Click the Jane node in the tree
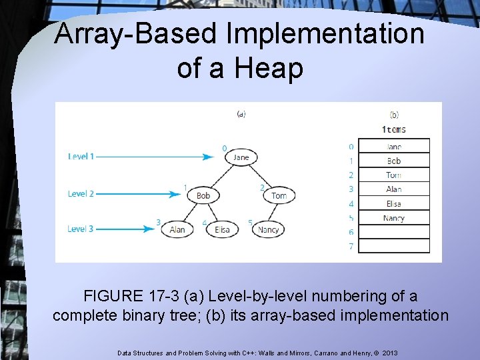[x=241, y=157]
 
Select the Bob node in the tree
[x=203, y=195]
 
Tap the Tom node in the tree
[x=279, y=195]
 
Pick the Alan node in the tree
[x=177, y=229]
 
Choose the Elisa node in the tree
[x=222, y=229]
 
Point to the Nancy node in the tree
[x=268, y=229]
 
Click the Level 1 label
[x=81, y=157]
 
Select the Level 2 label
[x=81, y=194]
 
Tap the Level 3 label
[x=81, y=229]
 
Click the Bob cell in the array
[x=393, y=161]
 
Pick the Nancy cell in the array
[x=393, y=218]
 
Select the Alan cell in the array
[x=393, y=189]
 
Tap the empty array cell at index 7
[x=393, y=246]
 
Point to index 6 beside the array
[x=351, y=232]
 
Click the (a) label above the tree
[x=241, y=114]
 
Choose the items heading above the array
[x=393, y=129]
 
